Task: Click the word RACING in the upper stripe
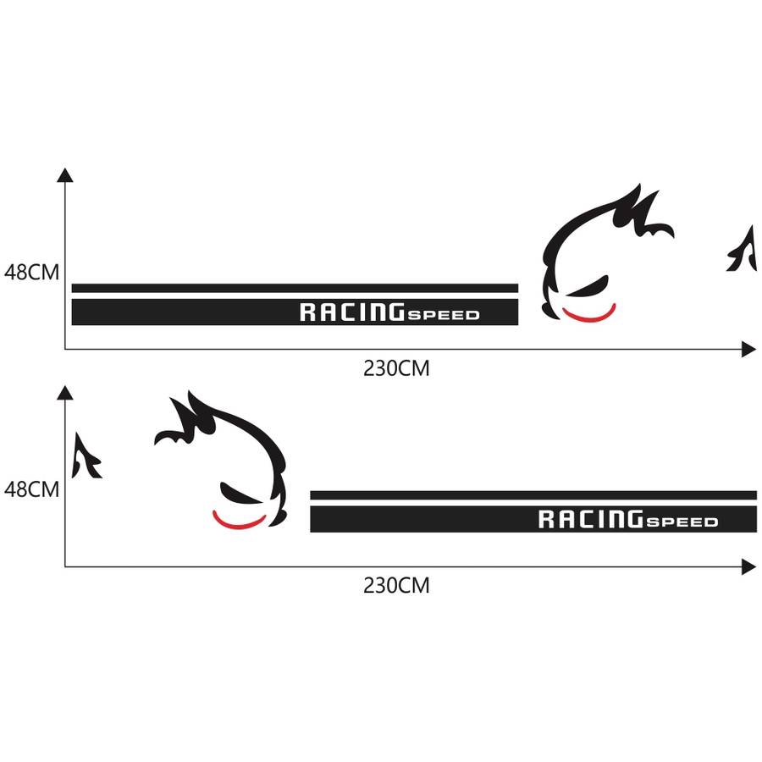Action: point(351,312)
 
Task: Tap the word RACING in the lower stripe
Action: point(589,519)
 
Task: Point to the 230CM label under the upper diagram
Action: point(396,369)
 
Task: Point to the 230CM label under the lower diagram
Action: point(396,585)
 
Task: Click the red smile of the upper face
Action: point(588,317)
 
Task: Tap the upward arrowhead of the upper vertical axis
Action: point(65,174)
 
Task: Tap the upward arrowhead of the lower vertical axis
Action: point(65,391)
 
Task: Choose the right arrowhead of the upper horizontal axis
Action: point(748,349)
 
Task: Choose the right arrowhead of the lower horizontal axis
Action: point(748,566)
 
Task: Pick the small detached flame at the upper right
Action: point(743,251)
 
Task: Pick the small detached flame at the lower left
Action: point(85,456)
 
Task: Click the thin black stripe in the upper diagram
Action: point(295,288)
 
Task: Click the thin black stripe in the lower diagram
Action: point(533,495)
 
